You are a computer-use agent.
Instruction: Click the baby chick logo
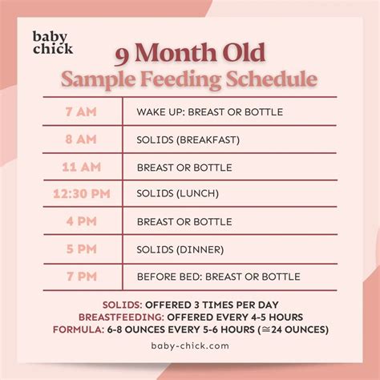(52, 42)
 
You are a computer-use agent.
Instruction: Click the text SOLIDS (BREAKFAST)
(188, 139)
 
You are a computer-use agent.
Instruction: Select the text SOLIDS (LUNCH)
(177, 194)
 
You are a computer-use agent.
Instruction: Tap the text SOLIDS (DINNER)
(180, 249)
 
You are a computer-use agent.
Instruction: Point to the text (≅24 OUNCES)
(292, 329)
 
